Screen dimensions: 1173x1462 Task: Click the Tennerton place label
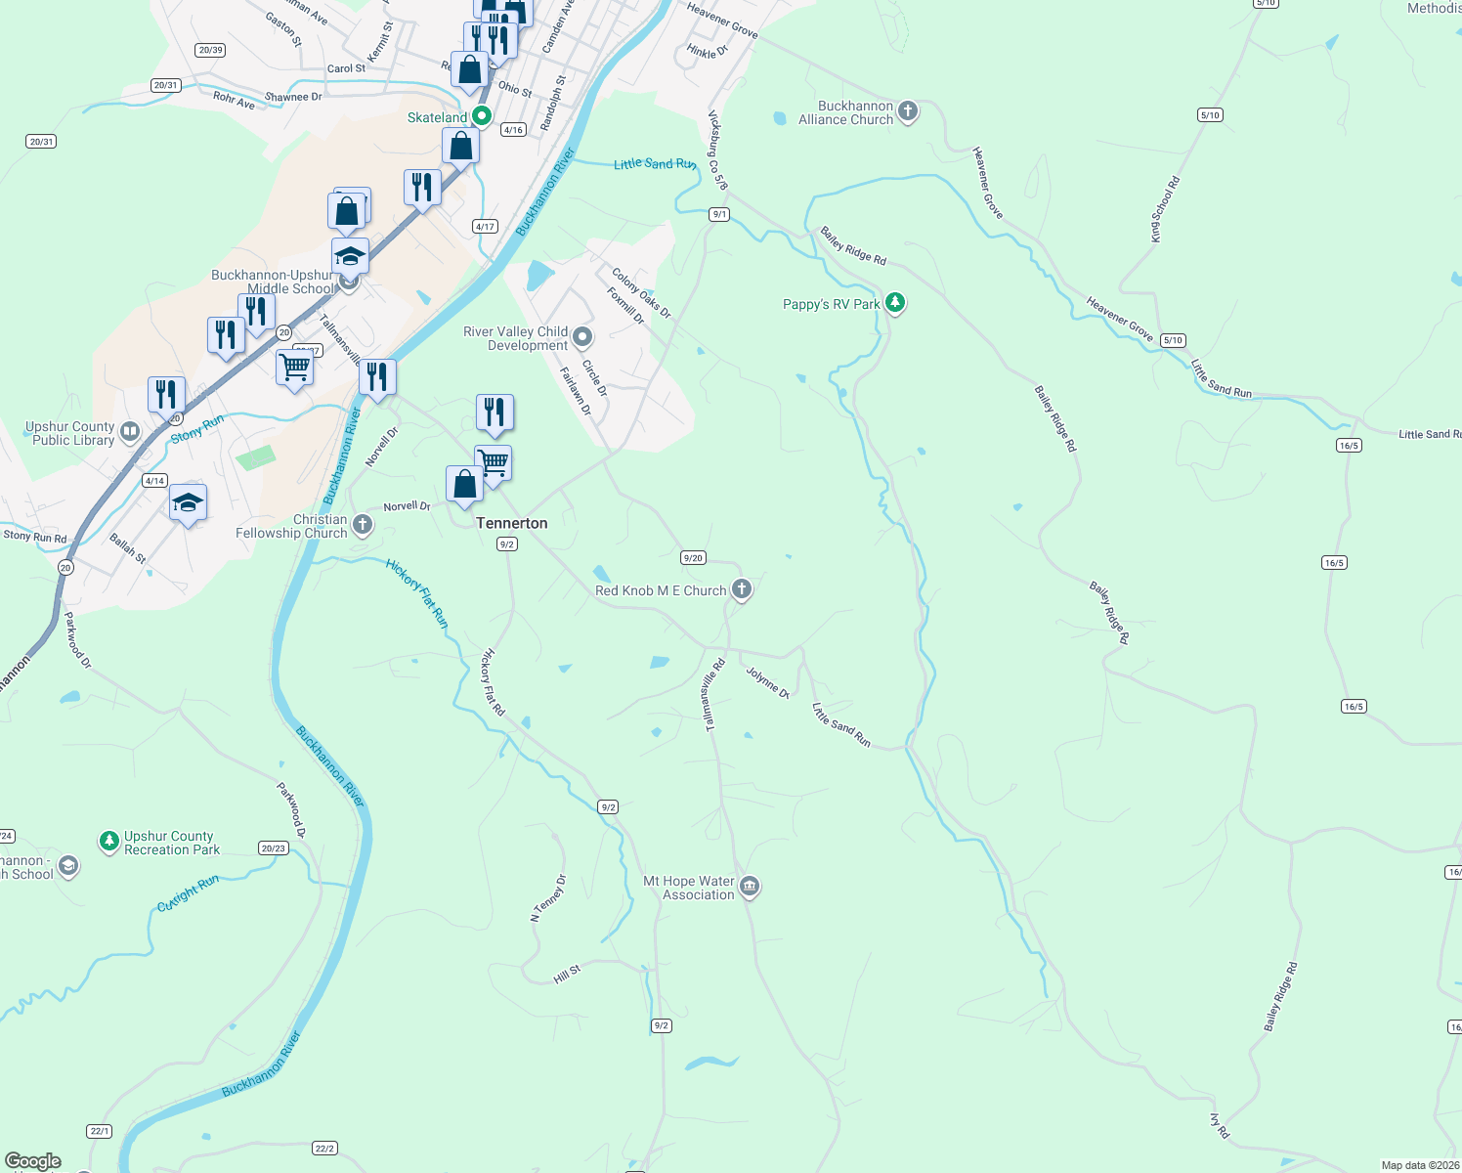coord(511,523)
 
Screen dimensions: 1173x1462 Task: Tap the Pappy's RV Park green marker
coord(894,303)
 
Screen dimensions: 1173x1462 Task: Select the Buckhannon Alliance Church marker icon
coord(908,111)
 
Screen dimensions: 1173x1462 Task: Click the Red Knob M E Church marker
coord(742,588)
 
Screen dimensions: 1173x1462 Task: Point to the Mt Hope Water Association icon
coord(750,887)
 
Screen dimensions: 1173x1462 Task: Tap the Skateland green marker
coord(481,116)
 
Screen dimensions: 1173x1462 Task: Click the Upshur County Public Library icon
coord(130,432)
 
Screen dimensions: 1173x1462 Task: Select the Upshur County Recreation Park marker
coord(109,841)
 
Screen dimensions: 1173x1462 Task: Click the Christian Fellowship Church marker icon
coord(362,525)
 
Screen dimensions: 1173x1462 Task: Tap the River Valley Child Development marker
coord(582,337)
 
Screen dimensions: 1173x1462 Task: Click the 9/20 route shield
coord(693,557)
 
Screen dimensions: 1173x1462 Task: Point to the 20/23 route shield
coord(274,847)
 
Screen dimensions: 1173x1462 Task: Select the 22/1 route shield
coord(99,1131)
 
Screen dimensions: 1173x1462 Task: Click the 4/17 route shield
coord(485,226)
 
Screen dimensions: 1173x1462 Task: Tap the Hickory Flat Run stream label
coord(417,593)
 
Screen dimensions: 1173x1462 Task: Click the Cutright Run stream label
coord(189,893)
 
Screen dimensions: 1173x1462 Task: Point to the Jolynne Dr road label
coord(767,681)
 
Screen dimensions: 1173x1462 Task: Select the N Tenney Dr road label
coord(548,897)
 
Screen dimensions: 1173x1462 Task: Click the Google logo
coord(33,1160)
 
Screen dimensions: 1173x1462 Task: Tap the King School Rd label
coord(1165,209)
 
